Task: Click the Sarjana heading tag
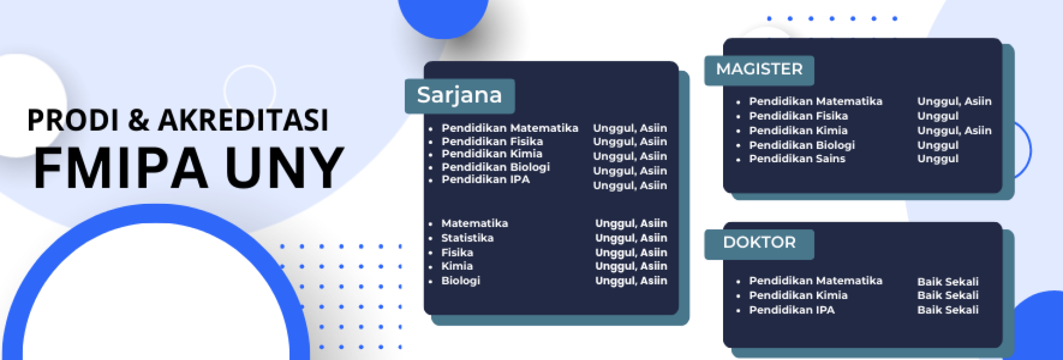point(460,95)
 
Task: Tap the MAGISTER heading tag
point(759,69)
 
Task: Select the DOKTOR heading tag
point(759,243)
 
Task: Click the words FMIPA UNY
point(189,168)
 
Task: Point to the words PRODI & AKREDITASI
point(178,120)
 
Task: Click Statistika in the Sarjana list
point(467,238)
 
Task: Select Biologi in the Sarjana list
point(461,281)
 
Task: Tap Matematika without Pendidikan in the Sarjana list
point(474,224)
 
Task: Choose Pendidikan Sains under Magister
point(797,159)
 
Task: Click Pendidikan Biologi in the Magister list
point(802,145)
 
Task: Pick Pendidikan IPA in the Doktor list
point(792,310)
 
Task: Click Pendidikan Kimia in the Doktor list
point(798,296)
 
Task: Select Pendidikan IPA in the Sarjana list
point(486,179)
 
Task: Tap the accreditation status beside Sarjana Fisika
point(631,253)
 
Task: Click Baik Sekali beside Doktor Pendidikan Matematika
point(947,282)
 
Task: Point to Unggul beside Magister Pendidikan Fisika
point(937,116)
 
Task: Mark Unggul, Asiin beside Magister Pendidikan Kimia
point(954,131)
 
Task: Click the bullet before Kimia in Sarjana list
point(430,268)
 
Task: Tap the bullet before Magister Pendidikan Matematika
point(738,102)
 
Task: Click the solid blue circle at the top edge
point(443,14)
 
